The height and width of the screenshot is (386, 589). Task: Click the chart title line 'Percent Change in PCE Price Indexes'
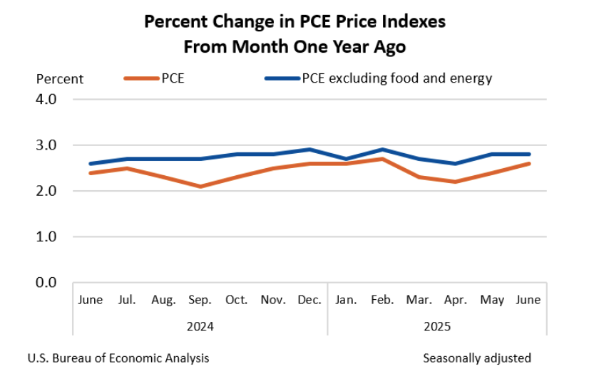pyautogui.click(x=294, y=21)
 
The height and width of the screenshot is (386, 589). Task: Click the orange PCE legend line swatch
pyautogui.click(x=141, y=78)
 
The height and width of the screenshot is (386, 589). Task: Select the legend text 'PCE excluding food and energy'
pyautogui.click(x=396, y=78)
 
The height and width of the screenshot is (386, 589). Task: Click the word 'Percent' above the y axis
pyautogui.click(x=60, y=79)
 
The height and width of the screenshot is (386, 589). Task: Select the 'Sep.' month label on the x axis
pyautogui.click(x=200, y=301)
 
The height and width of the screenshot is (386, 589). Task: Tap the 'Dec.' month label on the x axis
pyautogui.click(x=310, y=301)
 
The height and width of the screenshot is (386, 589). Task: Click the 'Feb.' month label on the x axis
pyautogui.click(x=383, y=301)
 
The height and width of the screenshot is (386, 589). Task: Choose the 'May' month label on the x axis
pyautogui.click(x=492, y=301)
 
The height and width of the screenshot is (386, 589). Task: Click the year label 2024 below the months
pyautogui.click(x=200, y=327)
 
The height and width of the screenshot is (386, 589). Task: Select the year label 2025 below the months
pyautogui.click(x=437, y=327)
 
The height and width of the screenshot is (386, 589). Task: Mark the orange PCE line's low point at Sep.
pyautogui.click(x=200, y=187)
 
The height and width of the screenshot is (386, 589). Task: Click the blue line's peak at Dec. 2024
pyautogui.click(x=310, y=150)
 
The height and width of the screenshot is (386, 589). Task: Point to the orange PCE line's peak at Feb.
pyautogui.click(x=383, y=159)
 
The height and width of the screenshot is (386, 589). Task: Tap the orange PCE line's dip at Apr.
pyautogui.click(x=456, y=182)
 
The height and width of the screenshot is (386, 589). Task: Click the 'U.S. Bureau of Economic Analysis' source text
pyautogui.click(x=118, y=358)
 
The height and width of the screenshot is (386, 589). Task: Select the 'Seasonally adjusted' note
pyautogui.click(x=477, y=358)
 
